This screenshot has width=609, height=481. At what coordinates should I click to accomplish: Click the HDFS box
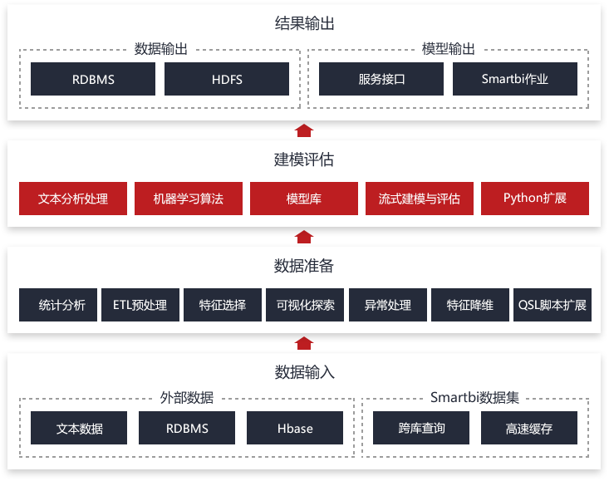pos(227,79)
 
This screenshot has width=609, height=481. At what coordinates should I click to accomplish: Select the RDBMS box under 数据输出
pos(93,79)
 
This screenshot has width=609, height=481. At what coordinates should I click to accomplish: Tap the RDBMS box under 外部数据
pos(187,428)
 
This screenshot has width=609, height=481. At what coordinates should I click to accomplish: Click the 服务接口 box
pos(381,79)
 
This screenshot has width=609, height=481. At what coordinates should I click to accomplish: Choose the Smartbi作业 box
pos(515,79)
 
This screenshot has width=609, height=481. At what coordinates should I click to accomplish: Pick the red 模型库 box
pos(304,199)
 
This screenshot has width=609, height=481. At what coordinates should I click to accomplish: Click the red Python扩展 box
pos(535,199)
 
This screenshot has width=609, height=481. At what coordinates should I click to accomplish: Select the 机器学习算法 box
pos(189,199)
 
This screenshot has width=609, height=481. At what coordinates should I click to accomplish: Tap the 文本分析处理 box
pos(73,199)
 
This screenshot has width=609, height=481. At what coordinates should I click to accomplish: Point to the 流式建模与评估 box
pos(420,199)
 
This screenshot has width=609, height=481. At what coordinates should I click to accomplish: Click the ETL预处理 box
pos(140,305)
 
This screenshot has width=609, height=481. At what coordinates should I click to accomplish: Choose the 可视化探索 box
pos(305,305)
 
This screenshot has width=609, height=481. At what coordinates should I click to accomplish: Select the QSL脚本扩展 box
pos(553,305)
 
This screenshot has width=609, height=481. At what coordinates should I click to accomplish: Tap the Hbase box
pos(295,428)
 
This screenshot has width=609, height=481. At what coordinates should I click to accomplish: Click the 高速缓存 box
pos(529,428)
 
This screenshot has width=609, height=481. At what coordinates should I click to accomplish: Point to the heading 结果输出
pos(304,23)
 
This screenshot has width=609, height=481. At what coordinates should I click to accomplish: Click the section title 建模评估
pos(304,160)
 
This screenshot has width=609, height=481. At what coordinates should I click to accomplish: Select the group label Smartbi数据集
pos(474,398)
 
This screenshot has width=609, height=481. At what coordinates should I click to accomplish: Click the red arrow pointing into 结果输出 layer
pos(304,130)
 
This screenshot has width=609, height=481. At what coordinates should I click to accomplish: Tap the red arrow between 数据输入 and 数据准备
pos(304,343)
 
